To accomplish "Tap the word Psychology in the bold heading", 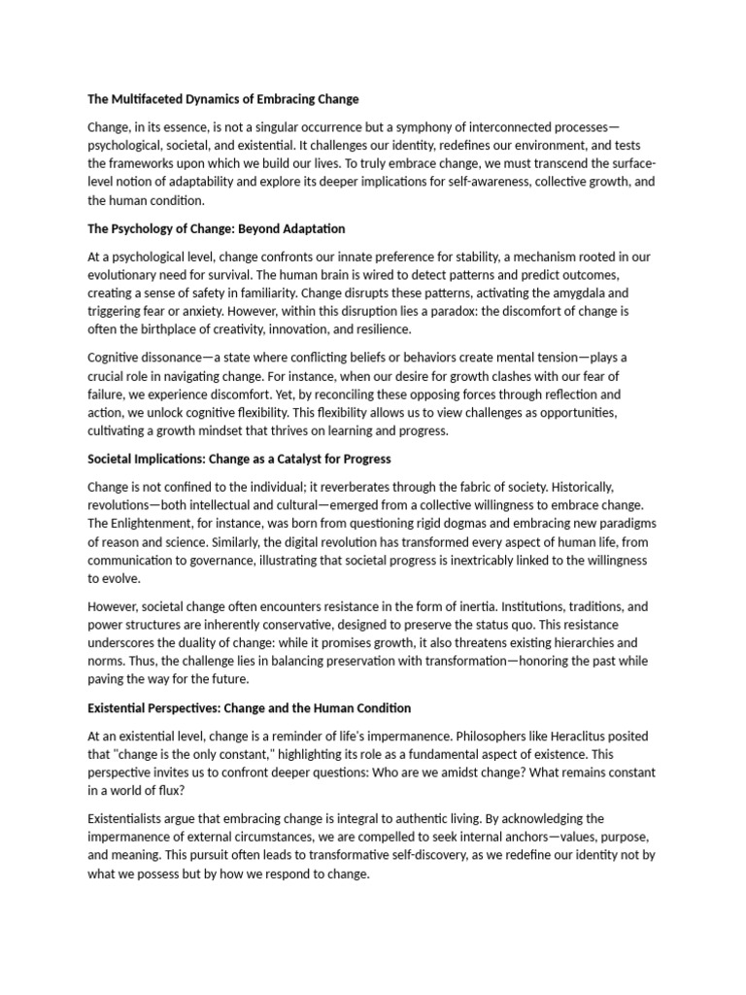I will [x=153, y=228].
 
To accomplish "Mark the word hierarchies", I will [x=576, y=642].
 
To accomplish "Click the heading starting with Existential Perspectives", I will [x=249, y=707].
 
